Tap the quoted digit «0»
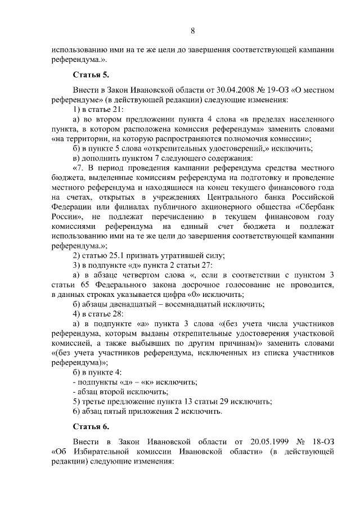coord(202,294)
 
